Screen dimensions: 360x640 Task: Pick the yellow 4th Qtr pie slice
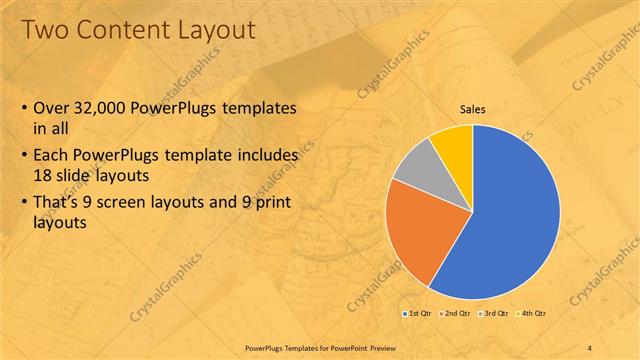click(455, 142)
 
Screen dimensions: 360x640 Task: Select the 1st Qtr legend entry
click(416, 313)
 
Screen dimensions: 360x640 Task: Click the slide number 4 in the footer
click(590, 347)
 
